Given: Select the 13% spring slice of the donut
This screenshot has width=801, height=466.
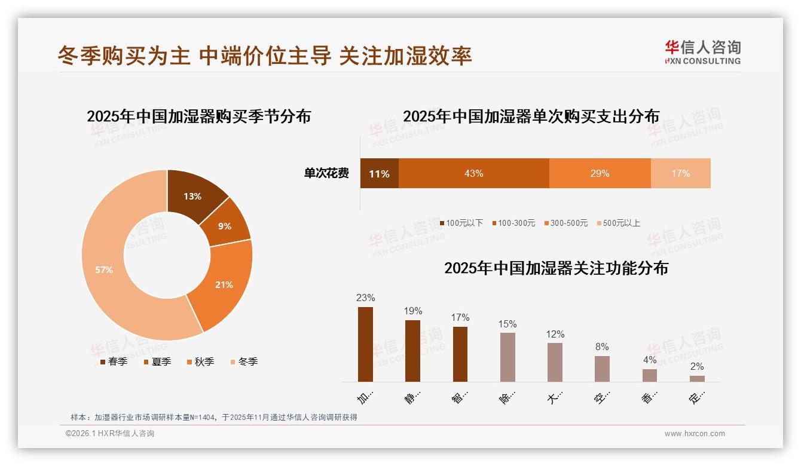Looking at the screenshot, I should coord(192,196).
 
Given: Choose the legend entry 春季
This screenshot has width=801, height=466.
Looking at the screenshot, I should coord(113,361).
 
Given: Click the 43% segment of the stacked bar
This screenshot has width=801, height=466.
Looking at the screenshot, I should coord(473,173).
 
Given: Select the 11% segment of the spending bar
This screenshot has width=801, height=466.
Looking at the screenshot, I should coord(379,173).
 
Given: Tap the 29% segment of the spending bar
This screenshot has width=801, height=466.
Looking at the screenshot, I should coord(600,173).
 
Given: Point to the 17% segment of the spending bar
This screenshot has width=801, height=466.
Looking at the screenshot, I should coord(680,173).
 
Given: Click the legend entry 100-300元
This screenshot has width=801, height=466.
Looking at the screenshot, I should coord(513,223).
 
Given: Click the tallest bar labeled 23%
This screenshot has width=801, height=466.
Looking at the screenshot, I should coord(365,344).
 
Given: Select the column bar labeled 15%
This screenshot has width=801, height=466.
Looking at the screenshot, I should coord(507,357).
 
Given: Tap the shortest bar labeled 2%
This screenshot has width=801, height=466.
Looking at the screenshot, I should coord(697,378).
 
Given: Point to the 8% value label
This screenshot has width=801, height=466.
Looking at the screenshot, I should coord(602,347).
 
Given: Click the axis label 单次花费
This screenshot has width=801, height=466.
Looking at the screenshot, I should coord(326,173).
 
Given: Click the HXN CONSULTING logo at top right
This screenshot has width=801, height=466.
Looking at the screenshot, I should coord(702,52).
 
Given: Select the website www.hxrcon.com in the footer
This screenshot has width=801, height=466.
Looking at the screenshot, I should coord(695,434).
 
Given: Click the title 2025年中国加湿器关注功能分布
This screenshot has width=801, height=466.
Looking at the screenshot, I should coord(556,268).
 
